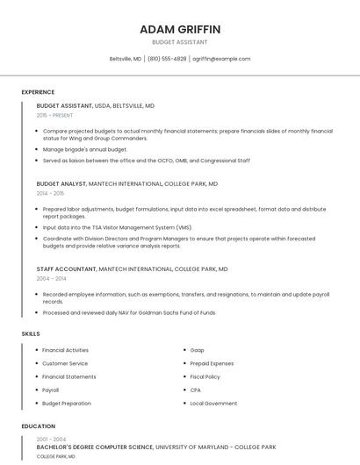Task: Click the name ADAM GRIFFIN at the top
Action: click(180, 30)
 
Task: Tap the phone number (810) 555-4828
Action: click(167, 59)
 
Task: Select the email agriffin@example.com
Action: click(221, 59)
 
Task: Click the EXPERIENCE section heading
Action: click(38, 92)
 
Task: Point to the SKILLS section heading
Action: click(31, 333)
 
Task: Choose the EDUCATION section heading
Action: click(38, 426)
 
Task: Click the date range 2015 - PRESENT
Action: click(54, 115)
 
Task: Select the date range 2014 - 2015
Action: click(50, 193)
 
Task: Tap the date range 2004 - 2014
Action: click(51, 278)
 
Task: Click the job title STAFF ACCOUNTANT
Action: click(66, 268)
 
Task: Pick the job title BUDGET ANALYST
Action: click(61, 184)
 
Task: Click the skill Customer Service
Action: click(65, 363)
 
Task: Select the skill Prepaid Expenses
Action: click(212, 363)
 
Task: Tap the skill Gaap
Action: click(198, 350)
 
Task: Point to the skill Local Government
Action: click(213, 404)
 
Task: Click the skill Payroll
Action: click(51, 390)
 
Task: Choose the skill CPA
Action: click(196, 390)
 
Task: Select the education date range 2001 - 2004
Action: click(51, 439)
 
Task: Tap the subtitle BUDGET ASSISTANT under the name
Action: click(180, 42)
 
